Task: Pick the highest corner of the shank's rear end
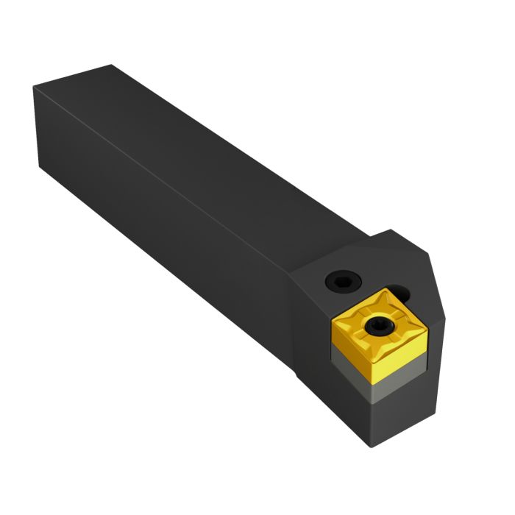(110, 65)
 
